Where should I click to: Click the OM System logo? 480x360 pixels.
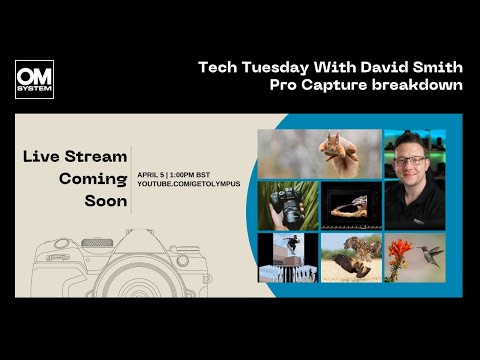click(x=34, y=79)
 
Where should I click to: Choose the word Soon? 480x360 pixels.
click(x=106, y=201)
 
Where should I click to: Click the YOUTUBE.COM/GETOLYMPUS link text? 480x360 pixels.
click(x=187, y=185)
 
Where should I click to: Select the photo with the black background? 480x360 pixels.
click(x=350, y=205)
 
